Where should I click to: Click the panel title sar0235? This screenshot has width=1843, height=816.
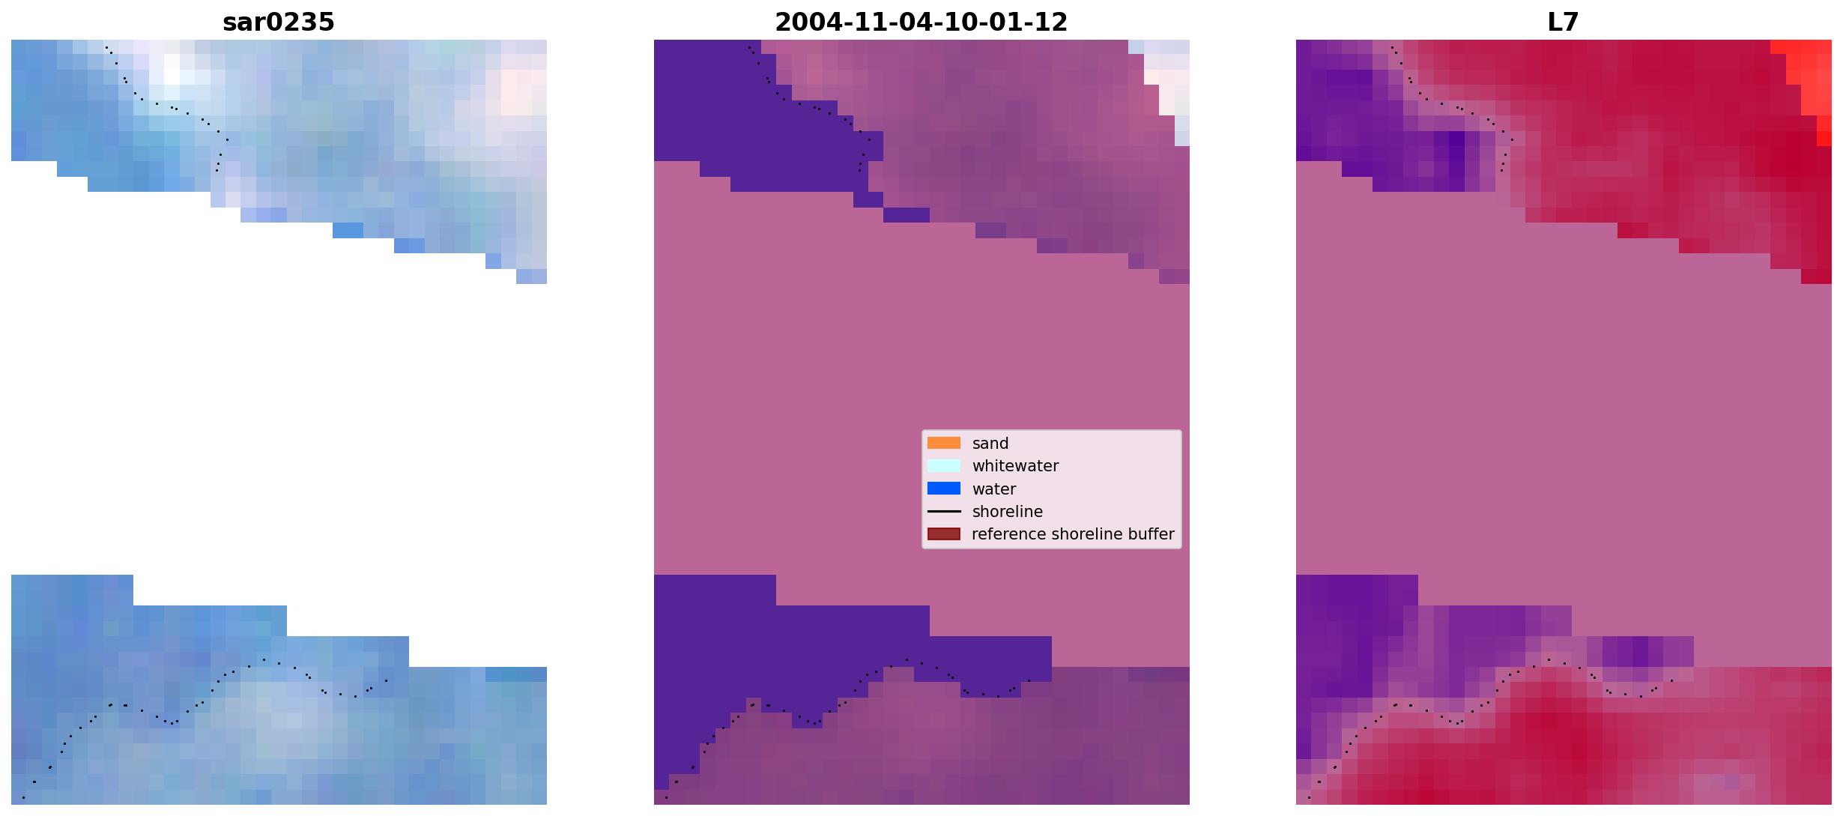[x=278, y=22]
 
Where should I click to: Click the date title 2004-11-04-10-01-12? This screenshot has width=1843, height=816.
[x=921, y=22]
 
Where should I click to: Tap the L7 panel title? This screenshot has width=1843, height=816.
[x=1563, y=22]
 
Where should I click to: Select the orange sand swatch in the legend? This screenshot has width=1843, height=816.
[x=943, y=443]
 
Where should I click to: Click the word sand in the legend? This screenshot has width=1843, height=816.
[x=990, y=444]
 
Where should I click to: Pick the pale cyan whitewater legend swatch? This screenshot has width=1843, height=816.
[x=943, y=465]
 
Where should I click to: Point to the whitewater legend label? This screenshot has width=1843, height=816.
[x=1015, y=466]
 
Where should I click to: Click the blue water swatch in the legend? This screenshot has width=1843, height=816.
[x=943, y=489]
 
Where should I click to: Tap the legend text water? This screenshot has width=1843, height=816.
[x=993, y=489]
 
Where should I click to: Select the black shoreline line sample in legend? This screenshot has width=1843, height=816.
[x=943, y=512]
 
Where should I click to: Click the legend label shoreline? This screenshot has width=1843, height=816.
[x=1007, y=512]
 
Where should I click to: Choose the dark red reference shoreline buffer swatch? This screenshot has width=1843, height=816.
[x=943, y=534]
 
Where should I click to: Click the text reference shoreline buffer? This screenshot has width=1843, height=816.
[x=1073, y=534]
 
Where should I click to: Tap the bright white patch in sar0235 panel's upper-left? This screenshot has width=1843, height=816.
[x=172, y=76]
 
